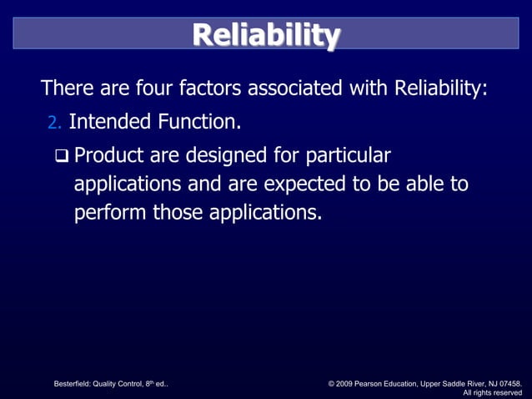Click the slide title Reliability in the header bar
(265, 36)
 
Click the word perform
(110, 213)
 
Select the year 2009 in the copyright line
(348, 383)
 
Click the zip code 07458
(507, 383)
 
